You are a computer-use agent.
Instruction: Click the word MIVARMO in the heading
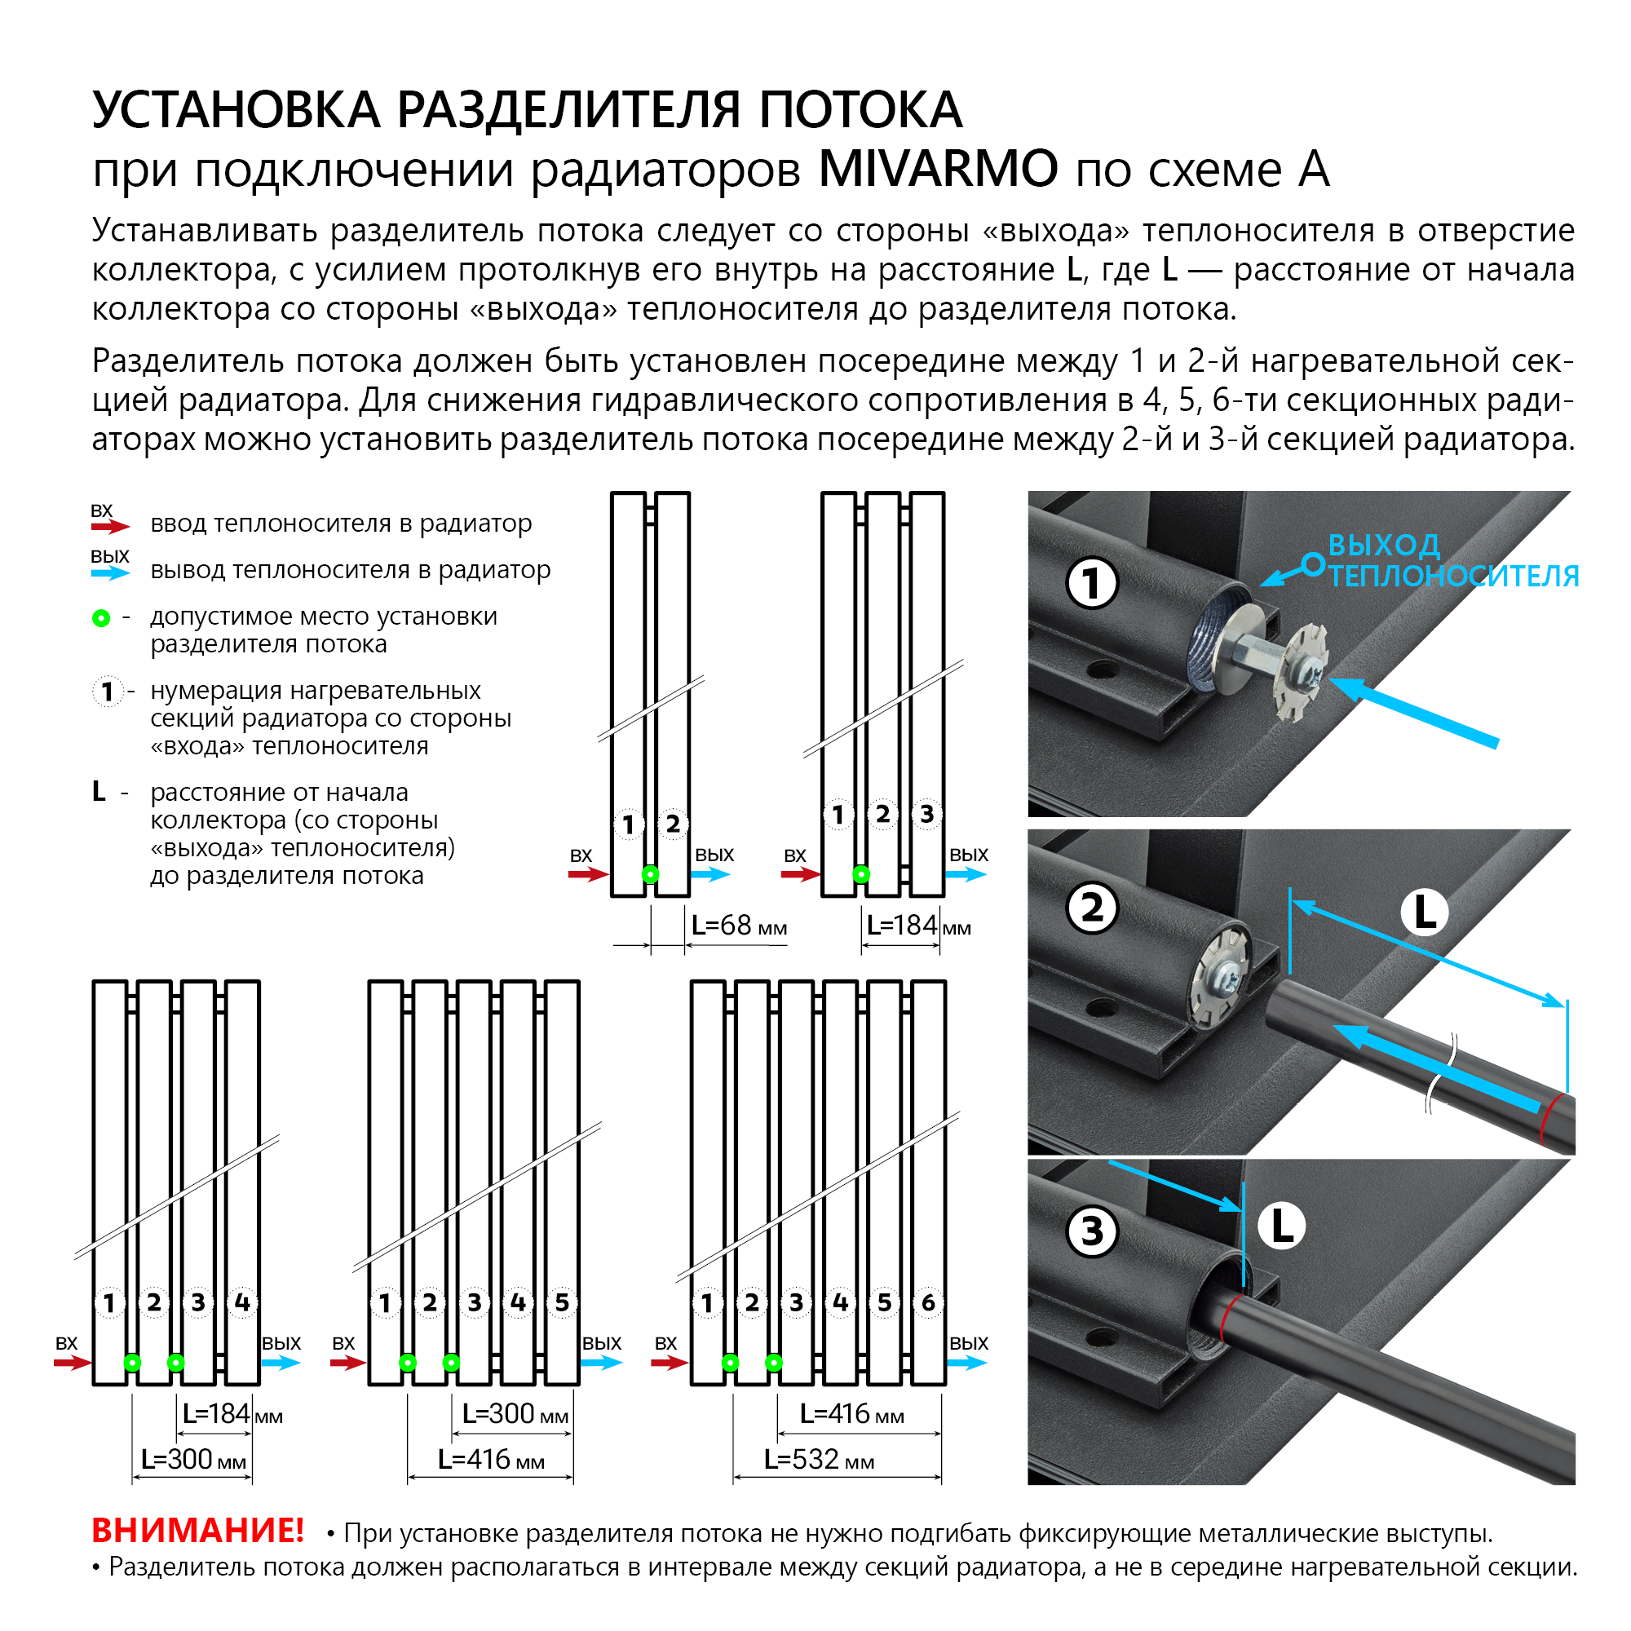937,169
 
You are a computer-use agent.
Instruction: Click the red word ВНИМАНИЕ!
197,1530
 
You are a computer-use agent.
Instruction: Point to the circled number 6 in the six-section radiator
928,1302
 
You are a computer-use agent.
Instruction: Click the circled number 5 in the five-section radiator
561,1302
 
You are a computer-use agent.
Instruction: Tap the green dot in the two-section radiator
650,874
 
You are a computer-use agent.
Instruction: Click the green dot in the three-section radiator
861,874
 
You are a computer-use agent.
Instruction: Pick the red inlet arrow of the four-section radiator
73,1363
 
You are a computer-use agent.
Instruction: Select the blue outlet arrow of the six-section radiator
967,1363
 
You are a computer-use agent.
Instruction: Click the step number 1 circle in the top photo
1092,583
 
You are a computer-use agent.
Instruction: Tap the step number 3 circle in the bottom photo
1092,1231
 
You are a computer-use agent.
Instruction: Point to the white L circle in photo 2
1424,913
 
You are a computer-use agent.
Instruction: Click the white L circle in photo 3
1281,1226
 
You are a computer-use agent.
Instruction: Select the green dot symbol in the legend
101,619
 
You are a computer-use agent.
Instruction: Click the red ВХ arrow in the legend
111,527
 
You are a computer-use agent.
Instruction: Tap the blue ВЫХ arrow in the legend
111,573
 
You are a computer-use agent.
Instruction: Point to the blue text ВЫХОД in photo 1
1384,546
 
